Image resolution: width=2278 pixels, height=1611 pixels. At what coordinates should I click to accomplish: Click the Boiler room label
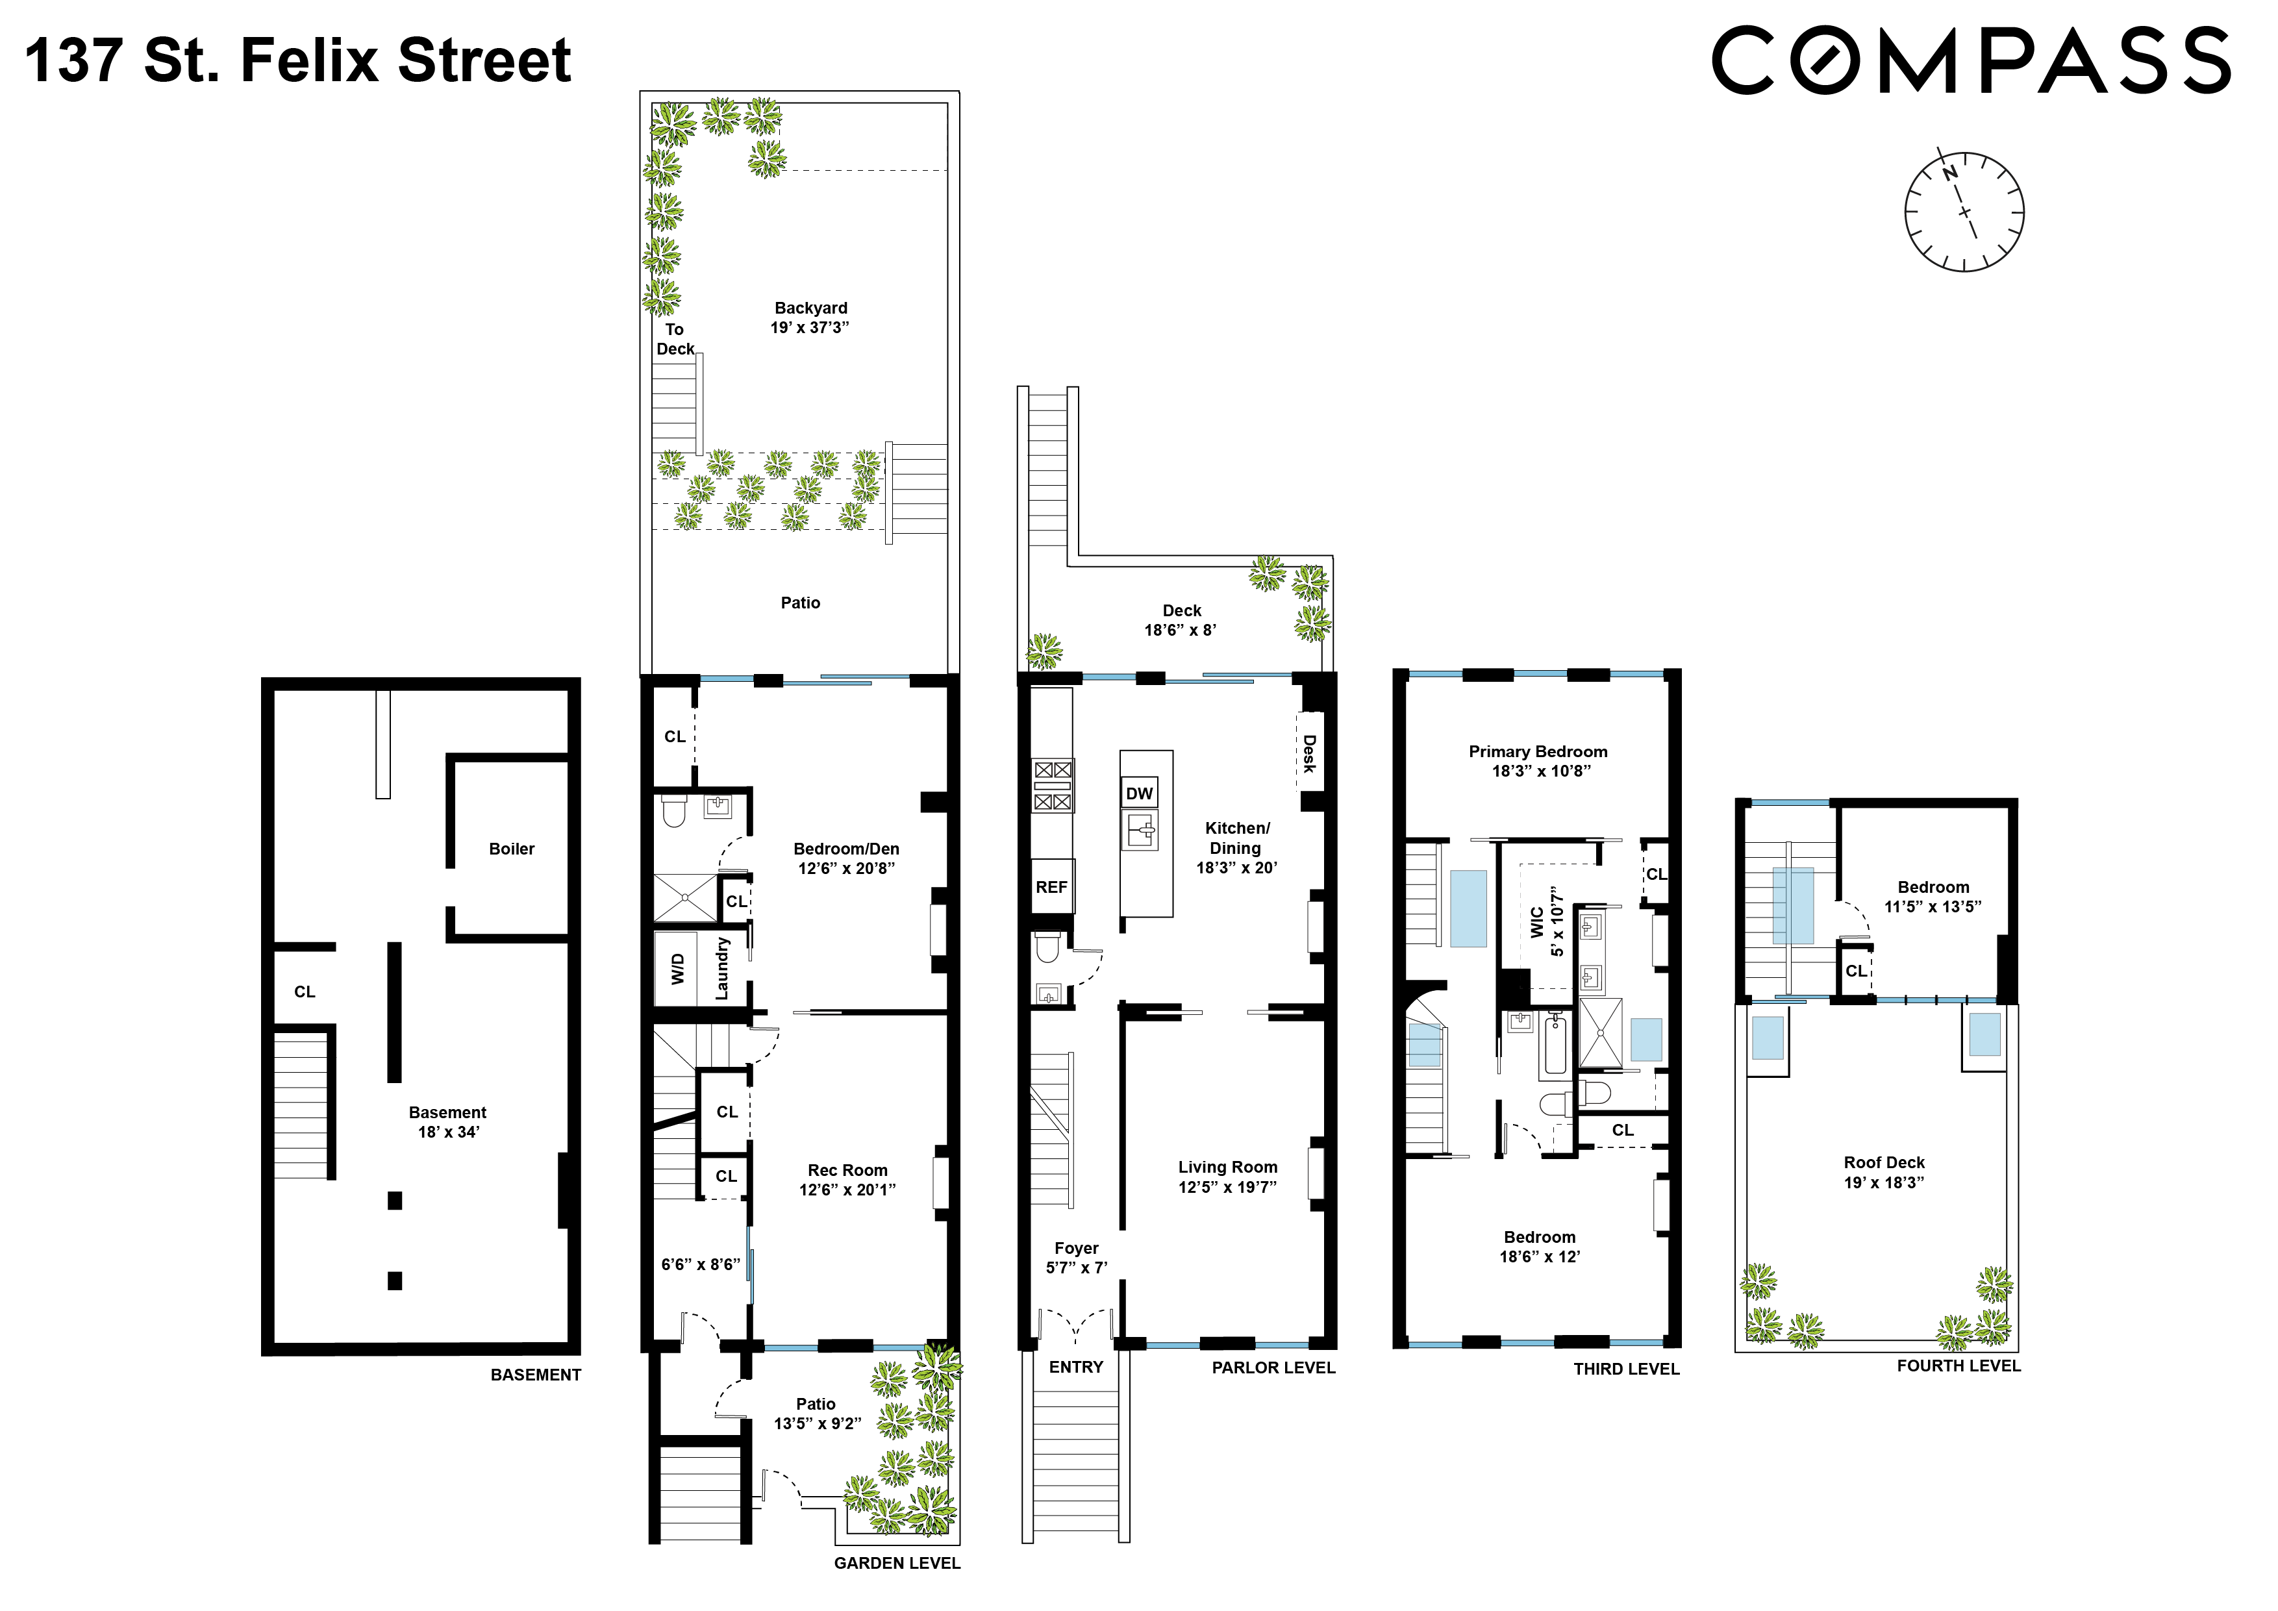click(x=511, y=849)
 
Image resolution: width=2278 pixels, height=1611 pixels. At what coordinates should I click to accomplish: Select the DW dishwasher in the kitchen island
click(x=1139, y=793)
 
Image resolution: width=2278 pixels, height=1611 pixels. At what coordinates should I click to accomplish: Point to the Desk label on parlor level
click(x=1310, y=753)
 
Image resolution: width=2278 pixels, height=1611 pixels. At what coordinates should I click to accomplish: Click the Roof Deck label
click(x=1884, y=1162)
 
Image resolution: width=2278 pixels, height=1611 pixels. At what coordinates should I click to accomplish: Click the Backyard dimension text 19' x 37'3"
click(x=810, y=327)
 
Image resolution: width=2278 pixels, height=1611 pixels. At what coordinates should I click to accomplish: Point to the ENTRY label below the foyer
click(x=1075, y=1367)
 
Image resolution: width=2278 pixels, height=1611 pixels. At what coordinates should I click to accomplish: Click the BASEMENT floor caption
click(x=536, y=1375)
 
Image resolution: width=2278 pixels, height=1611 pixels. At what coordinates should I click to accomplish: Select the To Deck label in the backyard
click(x=675, y=339)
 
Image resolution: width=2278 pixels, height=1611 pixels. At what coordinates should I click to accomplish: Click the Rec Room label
click(x=847, y=1171)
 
